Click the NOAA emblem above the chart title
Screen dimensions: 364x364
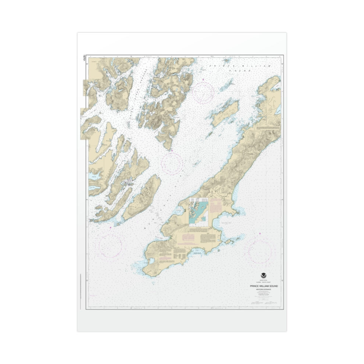tap(263, 275)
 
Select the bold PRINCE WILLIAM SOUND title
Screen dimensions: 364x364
tap(263, 285)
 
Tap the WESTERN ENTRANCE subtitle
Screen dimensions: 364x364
tap(263, 290)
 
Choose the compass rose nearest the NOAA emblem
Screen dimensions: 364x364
tap(260, 251)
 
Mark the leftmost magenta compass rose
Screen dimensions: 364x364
tap(111, 246)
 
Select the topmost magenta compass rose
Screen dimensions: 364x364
tap(203, 92)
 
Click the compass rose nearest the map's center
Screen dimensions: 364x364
tap(172, 163)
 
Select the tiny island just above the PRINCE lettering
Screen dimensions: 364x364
tap(227, 60)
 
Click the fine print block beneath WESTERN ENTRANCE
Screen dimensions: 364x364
tap(263, 296)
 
